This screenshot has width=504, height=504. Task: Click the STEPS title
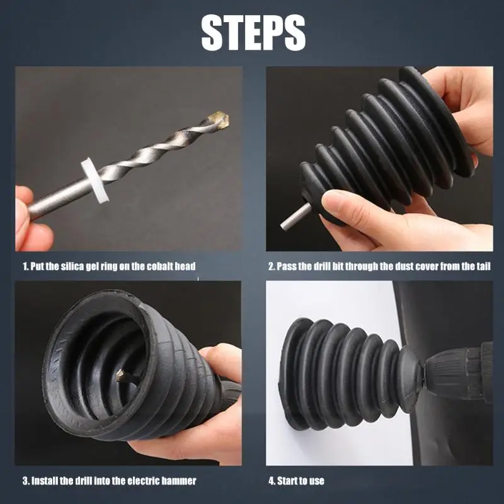point(253,33)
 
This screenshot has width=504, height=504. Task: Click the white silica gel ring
point(95,180)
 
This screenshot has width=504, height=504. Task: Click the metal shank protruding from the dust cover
point(295,216)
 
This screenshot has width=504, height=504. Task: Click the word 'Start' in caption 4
point(288,481)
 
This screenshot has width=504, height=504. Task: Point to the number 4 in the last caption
point(272,481)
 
